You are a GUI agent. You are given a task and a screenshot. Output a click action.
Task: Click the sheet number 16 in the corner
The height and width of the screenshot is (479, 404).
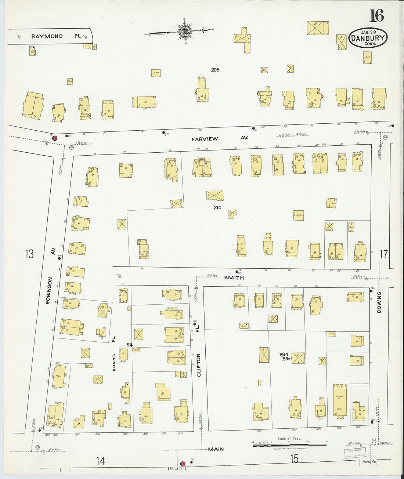(x=376, y=15)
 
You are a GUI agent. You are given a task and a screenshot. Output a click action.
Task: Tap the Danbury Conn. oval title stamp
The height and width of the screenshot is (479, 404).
(x=368, y=38)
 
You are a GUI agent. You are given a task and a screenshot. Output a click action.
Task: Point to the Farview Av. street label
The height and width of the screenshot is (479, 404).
(x=220, y=138)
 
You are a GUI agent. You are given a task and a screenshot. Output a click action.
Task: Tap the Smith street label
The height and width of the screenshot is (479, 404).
(x=234, y=277)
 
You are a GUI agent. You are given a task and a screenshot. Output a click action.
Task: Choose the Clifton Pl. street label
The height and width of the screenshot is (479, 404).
(x=198, y=354)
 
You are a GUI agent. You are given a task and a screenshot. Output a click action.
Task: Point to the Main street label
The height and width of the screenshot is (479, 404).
(x=216, y=449)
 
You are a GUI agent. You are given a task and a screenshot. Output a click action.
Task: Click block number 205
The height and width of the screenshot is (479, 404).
(x=215, y=70)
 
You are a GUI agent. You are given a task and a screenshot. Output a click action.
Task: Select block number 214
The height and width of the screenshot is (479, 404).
(x=217, y=207)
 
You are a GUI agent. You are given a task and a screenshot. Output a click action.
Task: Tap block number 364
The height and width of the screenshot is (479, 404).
(x=284, y=355)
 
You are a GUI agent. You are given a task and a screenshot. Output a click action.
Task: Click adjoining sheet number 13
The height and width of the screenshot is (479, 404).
(x=29, y=254)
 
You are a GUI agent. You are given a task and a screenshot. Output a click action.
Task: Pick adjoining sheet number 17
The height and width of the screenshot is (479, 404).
(x=383, y=254)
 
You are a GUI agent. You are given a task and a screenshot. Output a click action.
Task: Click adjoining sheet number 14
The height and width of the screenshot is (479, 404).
(x=100, y=460)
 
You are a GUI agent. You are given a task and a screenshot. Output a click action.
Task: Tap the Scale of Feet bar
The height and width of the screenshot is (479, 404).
(x=289, y=445)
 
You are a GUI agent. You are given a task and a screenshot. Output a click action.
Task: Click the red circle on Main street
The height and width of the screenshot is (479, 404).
(x=183, y=464)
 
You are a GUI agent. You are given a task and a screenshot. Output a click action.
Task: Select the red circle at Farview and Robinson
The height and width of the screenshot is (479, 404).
(x=54, y=138)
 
